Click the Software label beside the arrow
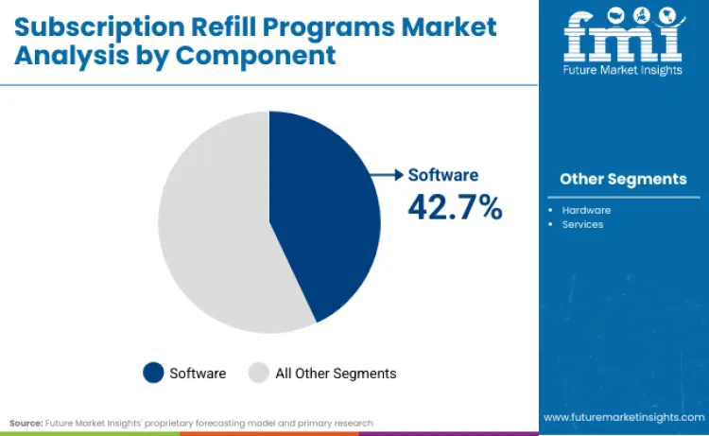click(x=443, y=175)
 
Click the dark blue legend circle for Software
click(x=153, y=373)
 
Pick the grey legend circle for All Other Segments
click(x=258, y=373)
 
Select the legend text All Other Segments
click(x=336, y=374)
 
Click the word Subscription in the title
click(x=86, y=26)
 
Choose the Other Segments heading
click(x=623, y=179)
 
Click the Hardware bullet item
click(x=586, y=210)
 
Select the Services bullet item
click(x=582, y=224)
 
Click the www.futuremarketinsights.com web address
click(x=622, y=417)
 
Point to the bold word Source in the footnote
click(x=26, y=423)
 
